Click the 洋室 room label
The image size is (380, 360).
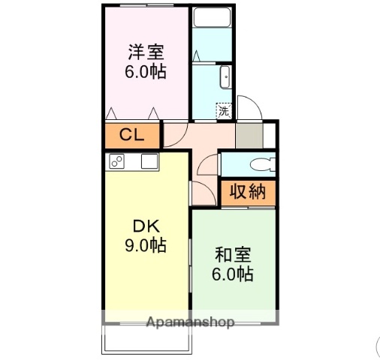coord(146,52)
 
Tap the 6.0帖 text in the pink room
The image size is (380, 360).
coord(146,73)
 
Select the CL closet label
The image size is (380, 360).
coord(132,136)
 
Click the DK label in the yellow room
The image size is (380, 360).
coord(146,226)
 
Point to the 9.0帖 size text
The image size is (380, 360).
coord(146,246)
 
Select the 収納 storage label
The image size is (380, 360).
coord(248,192)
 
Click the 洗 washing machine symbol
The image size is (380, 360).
coord(224,111)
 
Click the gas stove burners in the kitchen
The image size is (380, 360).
coord(117,160)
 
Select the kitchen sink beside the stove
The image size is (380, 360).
coord(149,160)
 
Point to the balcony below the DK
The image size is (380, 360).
coord(148,339)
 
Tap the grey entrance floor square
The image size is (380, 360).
coord(249,135)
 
